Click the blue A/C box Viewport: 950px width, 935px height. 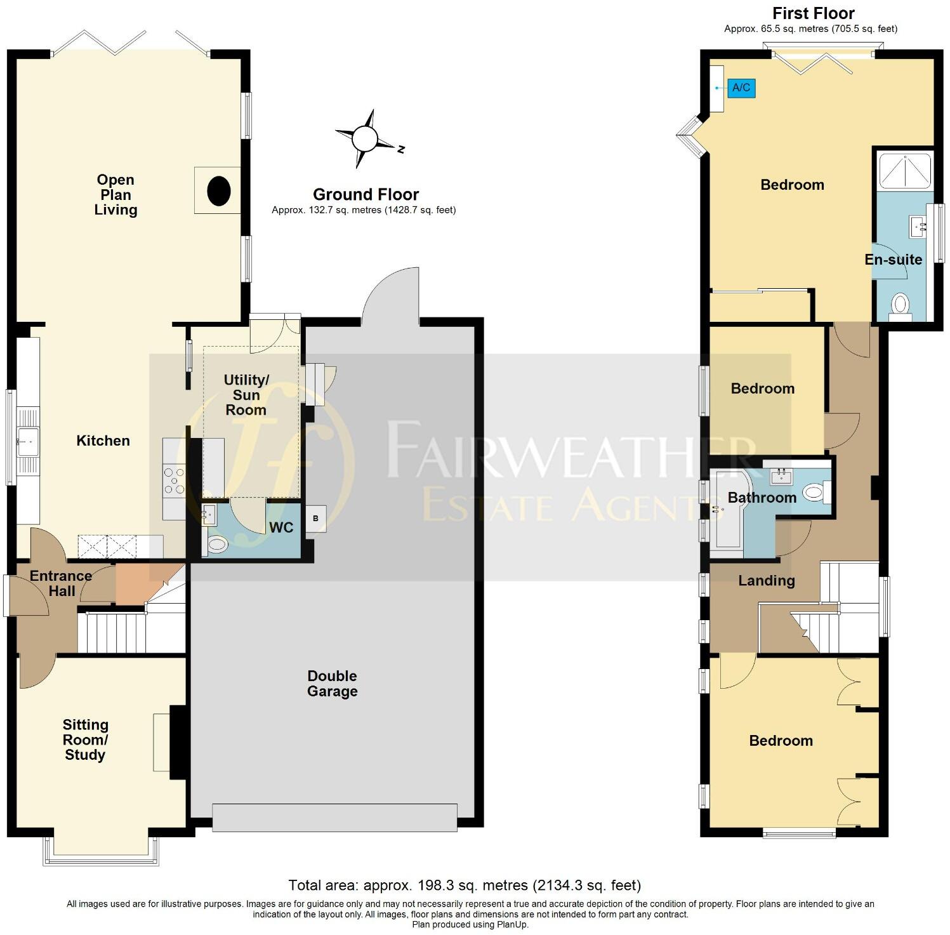pyautogui.click(x=741, y=88)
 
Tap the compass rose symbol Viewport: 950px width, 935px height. pyautogui.click(x=366, y=138)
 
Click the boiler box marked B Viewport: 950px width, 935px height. pyautogui.click(x=315, y=519)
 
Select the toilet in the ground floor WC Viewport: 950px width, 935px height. pyautogui.click(x=218, y=544)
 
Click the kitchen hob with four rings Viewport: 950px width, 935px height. pyautogui.click(x=174, y=481)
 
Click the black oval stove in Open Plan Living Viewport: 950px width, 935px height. pyautogui.click(x=219, y=190)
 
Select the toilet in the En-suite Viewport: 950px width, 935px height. pyautogui.click(x=900, y=305)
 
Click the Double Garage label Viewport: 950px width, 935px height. pyautogui.click(x=332, y=684)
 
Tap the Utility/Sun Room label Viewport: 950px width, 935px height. pyautogui.click(x=246, y=395)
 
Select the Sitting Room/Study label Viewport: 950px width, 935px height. pyautogui.click(x=85, y=739)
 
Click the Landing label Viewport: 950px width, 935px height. pyautogui.click(x=766, y=580)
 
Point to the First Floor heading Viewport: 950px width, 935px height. pyautogui.click(x=813, y=13)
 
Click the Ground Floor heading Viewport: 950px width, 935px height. pyautogui.click(x=366, y=194)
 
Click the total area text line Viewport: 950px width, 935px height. pyautogui.click(x=465, y=885)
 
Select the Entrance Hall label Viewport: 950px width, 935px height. pyautogui.click(x=61, y=583)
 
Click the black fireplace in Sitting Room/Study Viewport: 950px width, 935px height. pyautogui.click(x=178, y=742)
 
